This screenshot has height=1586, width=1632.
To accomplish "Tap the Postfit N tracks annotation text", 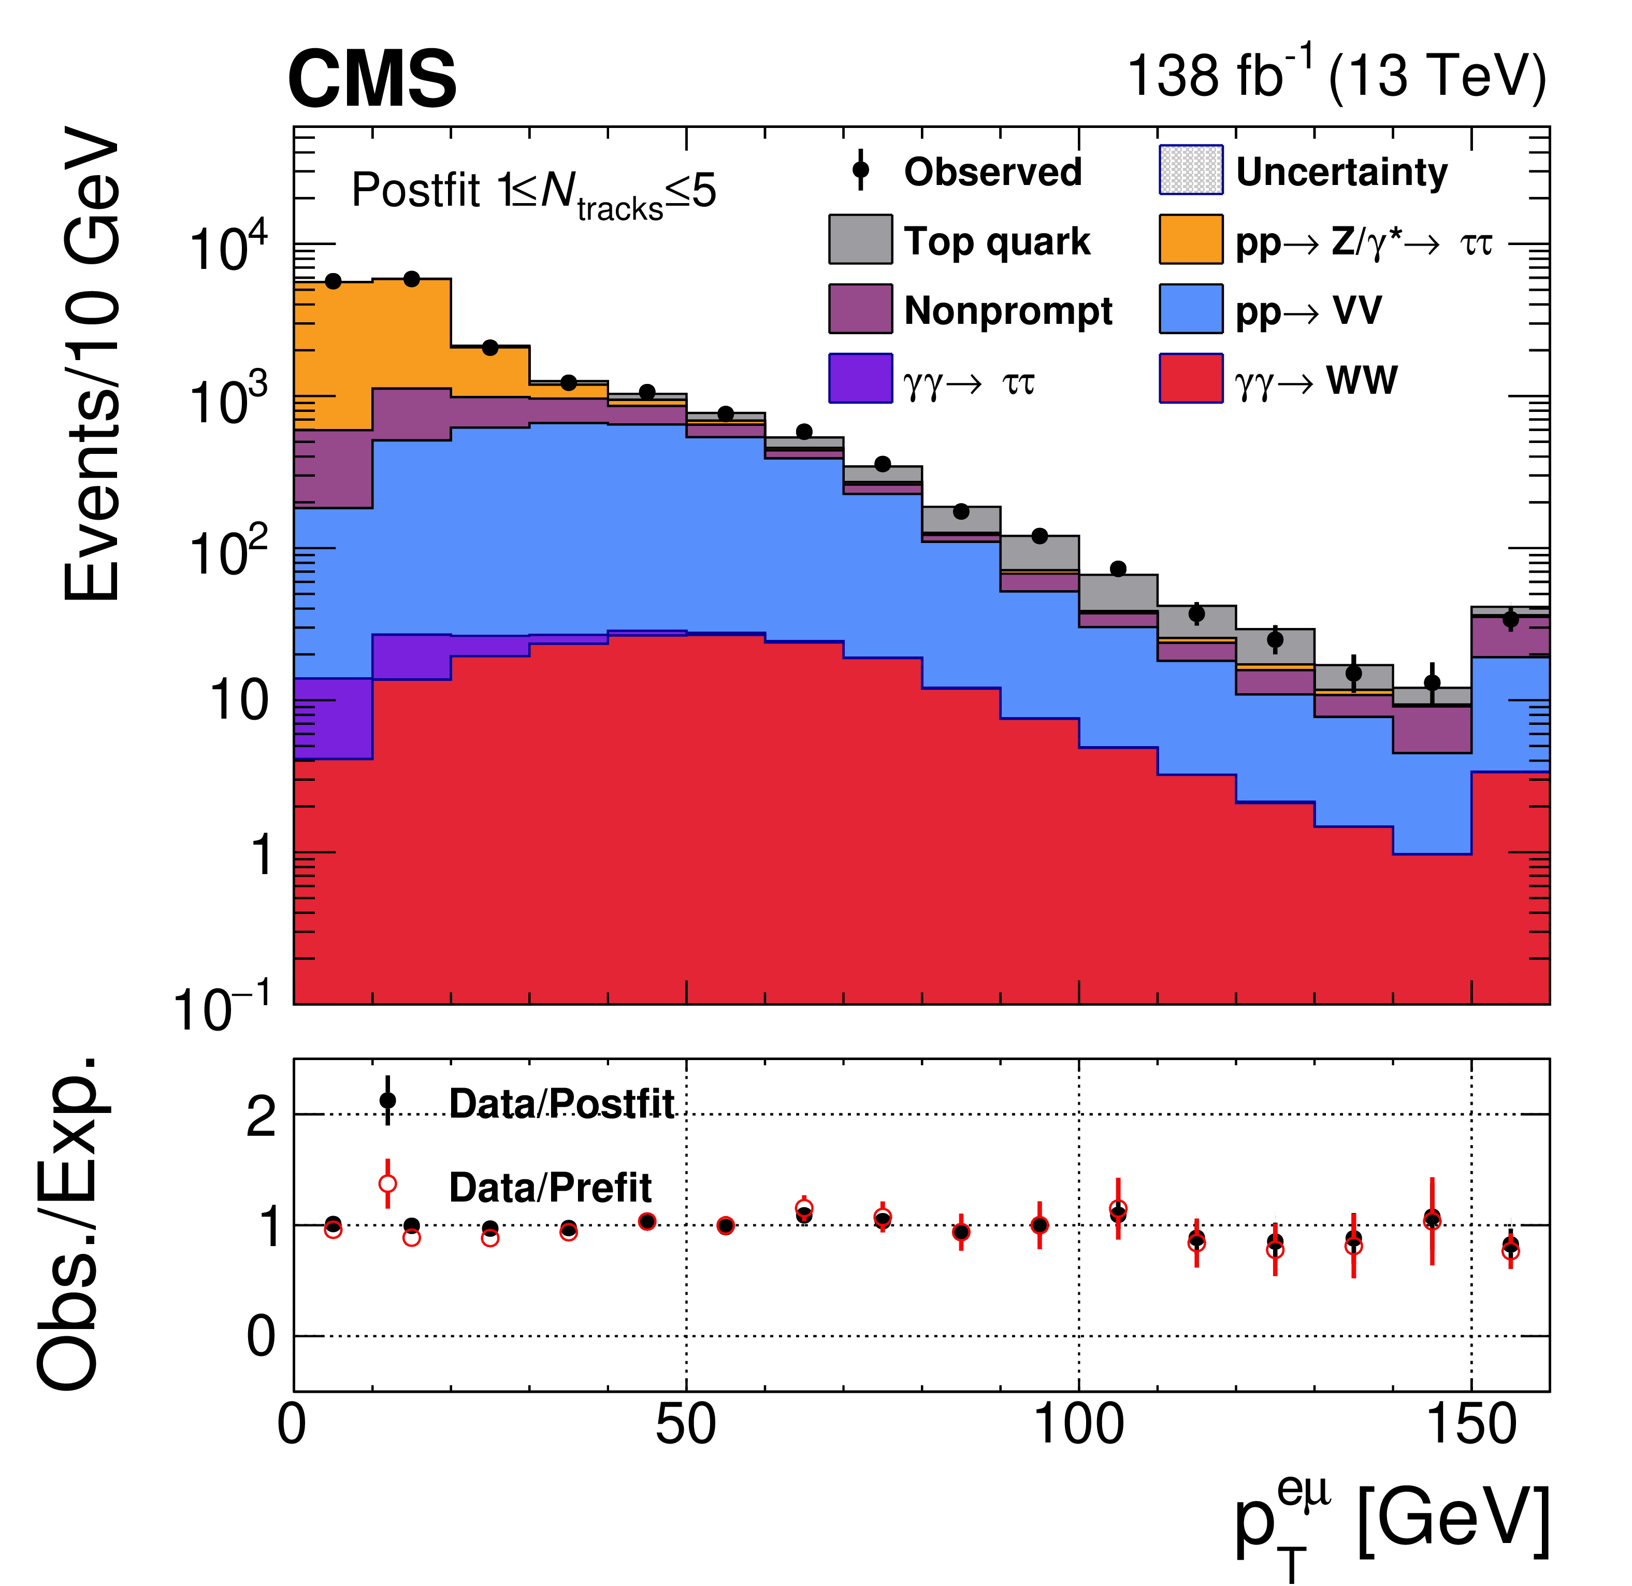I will click(x=533, y=193).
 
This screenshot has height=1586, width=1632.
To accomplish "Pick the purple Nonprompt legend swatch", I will click(x=860, y=309).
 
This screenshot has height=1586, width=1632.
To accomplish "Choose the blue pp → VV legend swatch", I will click(x=1191, y=309).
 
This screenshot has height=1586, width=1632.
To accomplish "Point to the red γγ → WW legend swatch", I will click(x=1191, y=378).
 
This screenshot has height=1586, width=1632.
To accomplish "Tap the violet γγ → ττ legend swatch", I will click(x=860, y=378).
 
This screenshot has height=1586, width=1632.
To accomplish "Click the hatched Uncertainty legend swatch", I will click(x=1191, y=170).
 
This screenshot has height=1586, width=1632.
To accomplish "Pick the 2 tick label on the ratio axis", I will click(x=261, y=1116).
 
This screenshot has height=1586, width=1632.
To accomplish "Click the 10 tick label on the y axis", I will click(x=240, y=699).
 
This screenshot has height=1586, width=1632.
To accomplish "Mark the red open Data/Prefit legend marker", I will click(x=387, y=1183).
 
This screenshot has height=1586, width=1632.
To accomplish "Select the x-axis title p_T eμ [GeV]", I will click(x=1391, y=1524).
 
